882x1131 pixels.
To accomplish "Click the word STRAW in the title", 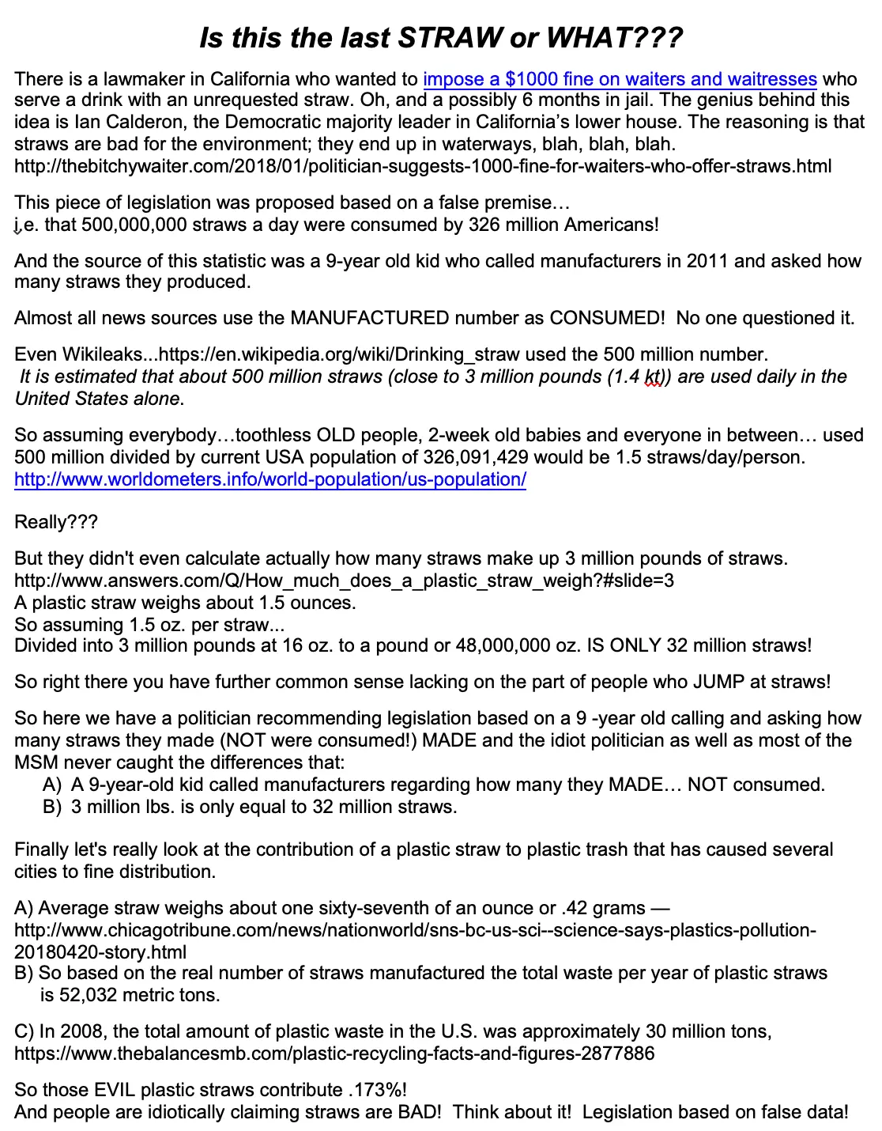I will click(451, 37).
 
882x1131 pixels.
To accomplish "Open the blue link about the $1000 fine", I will click(620, 79).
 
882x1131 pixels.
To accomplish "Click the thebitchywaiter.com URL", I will click(423, 167).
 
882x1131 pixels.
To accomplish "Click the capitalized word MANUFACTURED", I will click(370, 319).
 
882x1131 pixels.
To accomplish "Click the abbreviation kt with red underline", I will click(653, 377).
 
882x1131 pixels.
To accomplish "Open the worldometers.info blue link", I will click(270, 480).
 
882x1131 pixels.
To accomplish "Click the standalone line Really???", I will click(56, 523).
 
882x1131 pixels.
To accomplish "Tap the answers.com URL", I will click(344, 581).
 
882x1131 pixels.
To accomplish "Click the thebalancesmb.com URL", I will click(334, 1054).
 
